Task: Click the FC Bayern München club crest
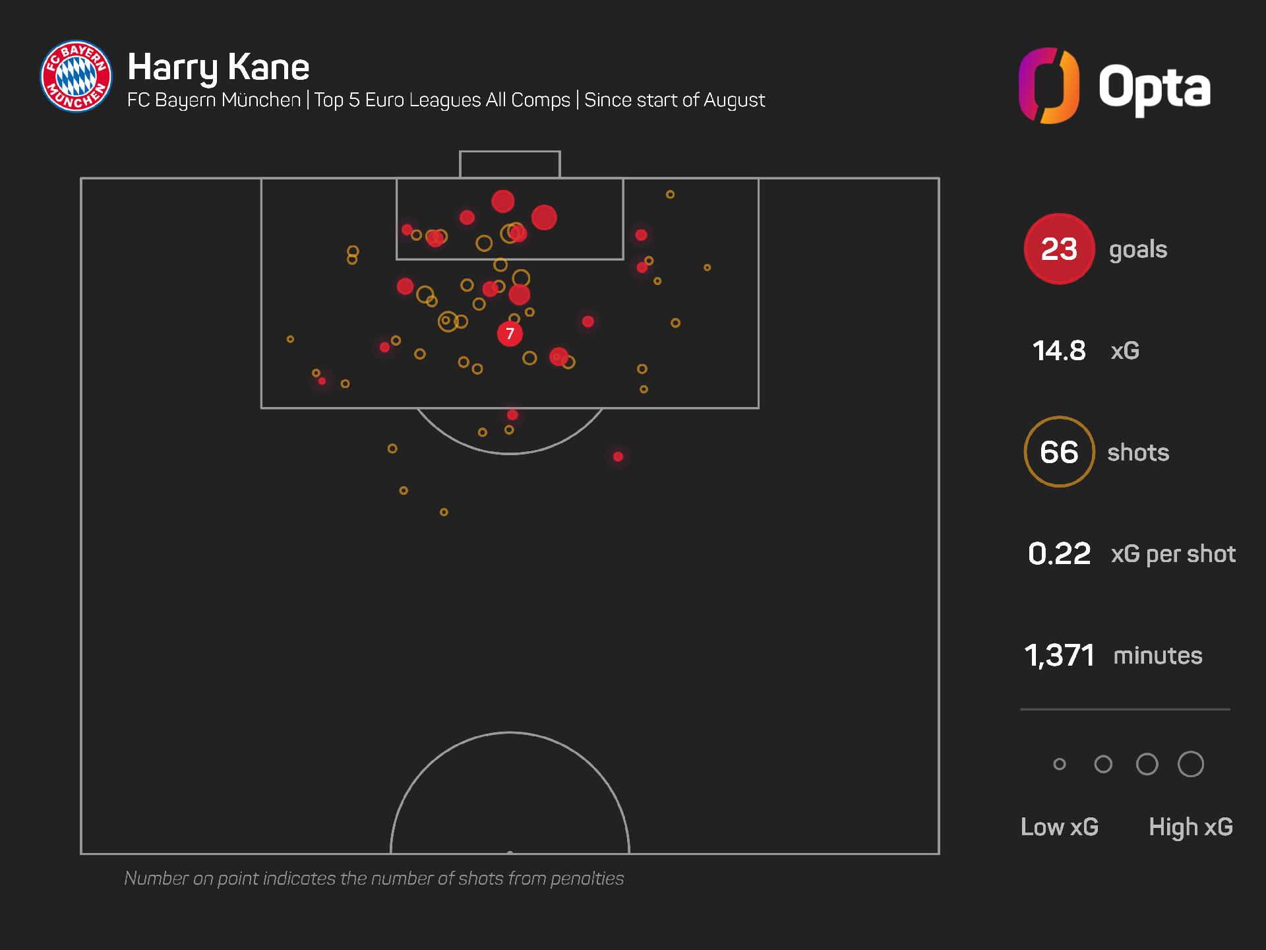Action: [x=76, y=77]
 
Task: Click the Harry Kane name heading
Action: [x=218, y=67]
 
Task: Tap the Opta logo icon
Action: [x=1048, y=86]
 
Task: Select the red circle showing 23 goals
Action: [x=1059, y=249]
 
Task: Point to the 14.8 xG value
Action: [x=1058, y=351]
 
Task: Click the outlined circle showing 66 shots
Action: [x=1059, y=452]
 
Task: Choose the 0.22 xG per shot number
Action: [x=1059, y=554]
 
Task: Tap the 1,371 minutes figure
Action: [x=1059, y=656]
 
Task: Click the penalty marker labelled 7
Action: [x=510, y=334]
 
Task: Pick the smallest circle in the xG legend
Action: [x=1060, y=764]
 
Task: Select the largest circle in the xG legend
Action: [x=1191, y=764]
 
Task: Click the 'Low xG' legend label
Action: [x=1060, y=827]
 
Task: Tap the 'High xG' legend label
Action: [x=1191, y=827]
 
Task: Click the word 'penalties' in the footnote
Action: [x=587, y=879]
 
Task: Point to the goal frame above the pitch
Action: [x=510, y=164]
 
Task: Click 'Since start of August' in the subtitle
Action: [x=675, y=100]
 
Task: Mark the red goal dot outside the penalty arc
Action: [x=618, y=457]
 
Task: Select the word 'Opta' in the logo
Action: [x=1154, y=88]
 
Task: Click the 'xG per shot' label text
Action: [x=1173, y=554]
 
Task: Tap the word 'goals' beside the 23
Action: [x=1138, y=249]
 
